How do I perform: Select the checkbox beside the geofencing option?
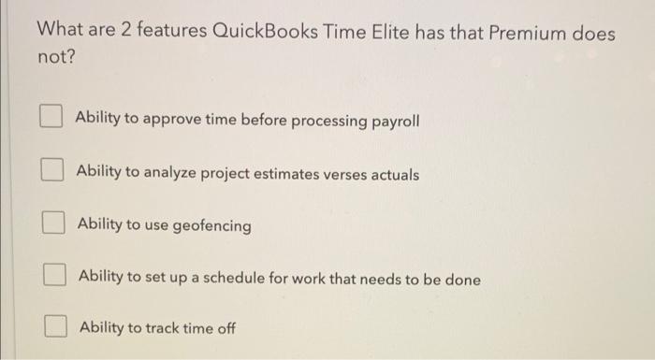[x=51, y=224]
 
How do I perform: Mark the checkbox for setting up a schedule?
[x=54, y=277]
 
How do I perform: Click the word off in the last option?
[x=224, y=329]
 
